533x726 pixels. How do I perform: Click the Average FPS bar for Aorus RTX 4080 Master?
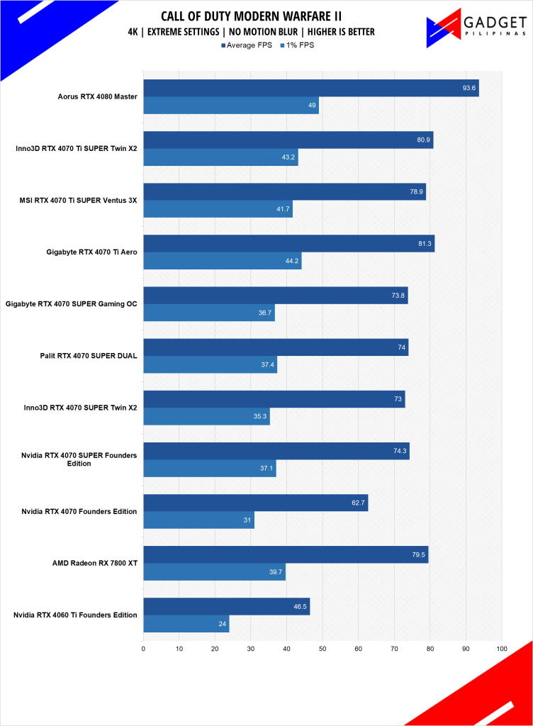[310, 88]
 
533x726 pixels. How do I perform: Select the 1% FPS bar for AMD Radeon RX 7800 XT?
[214, 572]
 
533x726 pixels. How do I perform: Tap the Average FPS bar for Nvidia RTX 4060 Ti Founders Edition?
[226, 606]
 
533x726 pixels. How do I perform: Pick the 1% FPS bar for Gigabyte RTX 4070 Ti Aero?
[222, 261]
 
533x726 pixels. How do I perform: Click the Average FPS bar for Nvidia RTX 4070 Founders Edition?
[255, 503]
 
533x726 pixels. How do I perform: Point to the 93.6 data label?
[469, 88]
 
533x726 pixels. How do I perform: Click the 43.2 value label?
[288, 157]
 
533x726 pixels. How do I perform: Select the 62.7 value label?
[358, 503]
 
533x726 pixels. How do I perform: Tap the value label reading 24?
[221, 624]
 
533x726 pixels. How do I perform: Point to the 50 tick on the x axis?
[322, 648]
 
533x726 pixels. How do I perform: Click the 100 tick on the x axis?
[502, 648]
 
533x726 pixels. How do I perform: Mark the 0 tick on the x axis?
[143, 648]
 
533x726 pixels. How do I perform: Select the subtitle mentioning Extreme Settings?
[262, 32]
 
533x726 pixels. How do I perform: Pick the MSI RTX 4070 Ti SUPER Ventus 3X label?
[78, 201]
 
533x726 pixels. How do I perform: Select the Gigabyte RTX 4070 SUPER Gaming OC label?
[71, 304]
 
